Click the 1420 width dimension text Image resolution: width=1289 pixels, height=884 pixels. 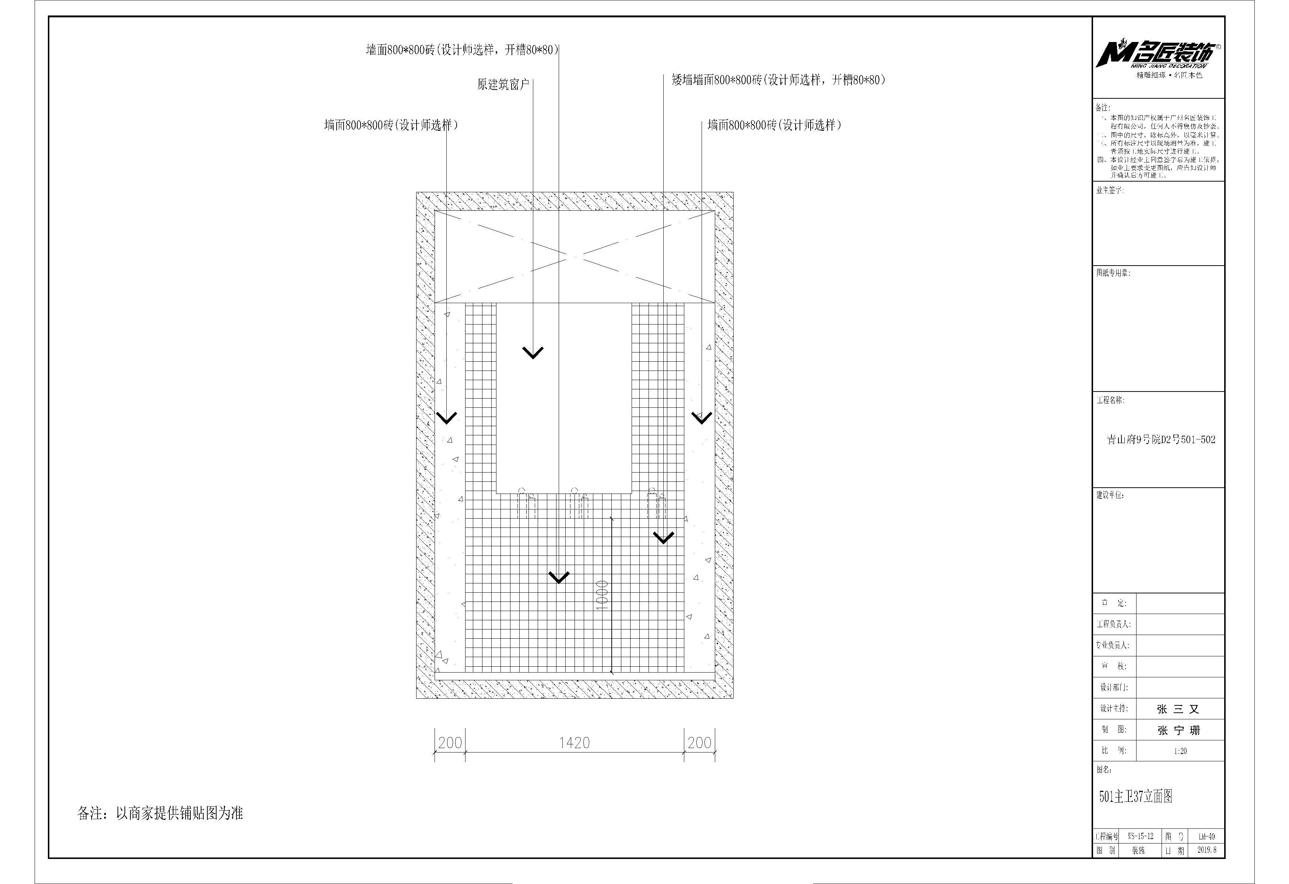click(574, 743)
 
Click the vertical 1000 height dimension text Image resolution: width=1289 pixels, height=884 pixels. click(602, 595)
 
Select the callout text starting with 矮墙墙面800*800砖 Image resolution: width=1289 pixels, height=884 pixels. click(778, 80)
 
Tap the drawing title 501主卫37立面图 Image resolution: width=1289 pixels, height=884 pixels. click(1135, 796)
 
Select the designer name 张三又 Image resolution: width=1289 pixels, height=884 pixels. click(1178, 709)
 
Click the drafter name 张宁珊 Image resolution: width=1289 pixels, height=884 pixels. click(1179, 730)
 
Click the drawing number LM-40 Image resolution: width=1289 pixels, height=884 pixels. click(1207, 836)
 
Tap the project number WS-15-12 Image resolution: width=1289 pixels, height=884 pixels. click(1140, 836)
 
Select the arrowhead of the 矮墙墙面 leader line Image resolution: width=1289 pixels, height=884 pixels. click(663, 538)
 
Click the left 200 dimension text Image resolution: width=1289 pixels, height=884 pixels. click(450, 743)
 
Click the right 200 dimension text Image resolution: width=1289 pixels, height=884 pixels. click(699, 743)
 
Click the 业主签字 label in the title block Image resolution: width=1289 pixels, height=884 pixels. click(1109, 190)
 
